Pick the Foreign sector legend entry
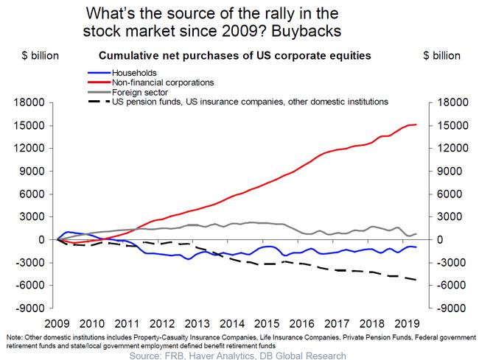141,91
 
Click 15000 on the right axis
451,125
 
